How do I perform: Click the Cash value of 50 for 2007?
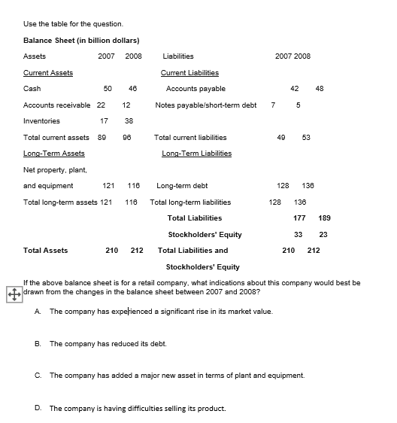[108, 89]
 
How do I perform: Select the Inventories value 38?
[129, 121]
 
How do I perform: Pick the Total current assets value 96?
[126, 138]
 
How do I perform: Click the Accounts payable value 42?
[295, 89]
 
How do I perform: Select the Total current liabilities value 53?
[306, 138]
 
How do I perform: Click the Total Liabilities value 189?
[325, 218]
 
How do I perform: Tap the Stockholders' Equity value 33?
[298, 234]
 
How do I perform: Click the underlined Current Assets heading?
[48, 73]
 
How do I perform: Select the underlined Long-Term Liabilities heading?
[197, 154]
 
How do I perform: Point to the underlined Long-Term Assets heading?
[54, 154]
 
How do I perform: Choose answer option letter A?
[38, 311]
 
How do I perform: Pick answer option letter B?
[38, 343]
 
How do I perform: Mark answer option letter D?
[38, 408]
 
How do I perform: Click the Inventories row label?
[42, 121]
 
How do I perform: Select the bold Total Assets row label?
[46, 251]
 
